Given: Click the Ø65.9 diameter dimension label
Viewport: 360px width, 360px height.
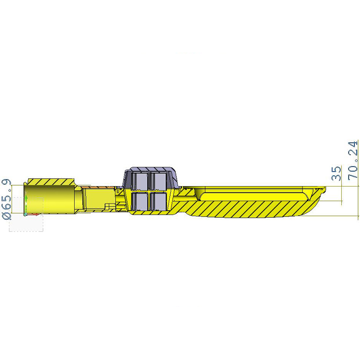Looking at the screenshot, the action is click(6, 196).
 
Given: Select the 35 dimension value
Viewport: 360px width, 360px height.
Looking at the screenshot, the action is click(336, 173).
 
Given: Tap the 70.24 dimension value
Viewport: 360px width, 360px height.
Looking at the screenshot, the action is click(353, 160).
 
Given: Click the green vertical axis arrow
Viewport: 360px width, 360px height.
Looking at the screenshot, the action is click(26, 204).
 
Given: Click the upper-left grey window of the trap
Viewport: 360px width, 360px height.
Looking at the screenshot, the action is click(140, 181).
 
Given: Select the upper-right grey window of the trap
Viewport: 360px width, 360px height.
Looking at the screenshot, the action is click(158, 181).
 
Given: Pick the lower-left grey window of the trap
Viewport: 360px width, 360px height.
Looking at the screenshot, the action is click(140, 201).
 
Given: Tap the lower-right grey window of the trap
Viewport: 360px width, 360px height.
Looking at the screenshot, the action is click(158, 201).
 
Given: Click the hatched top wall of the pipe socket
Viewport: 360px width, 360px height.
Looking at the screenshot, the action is click(51, 182).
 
